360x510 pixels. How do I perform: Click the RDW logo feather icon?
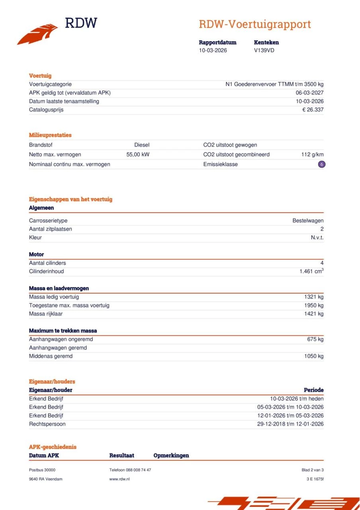pyautogui.click(x=37, y=34)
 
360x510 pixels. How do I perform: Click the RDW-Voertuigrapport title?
pyautogui.click(x=254, y=24)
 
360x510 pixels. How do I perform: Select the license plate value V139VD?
pyautogui.click(x=264, y=50)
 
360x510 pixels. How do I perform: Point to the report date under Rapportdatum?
pyautogui.click(x=213, y=50)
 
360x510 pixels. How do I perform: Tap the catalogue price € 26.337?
pyautogui.click(x=313, y=110)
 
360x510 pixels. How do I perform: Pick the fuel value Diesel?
pyautogui.click(x=142, y=145)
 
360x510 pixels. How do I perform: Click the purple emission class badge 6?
pyautogui.click(x=322, y=164)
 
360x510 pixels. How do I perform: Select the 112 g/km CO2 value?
pyautogui.click(x=312, y=155)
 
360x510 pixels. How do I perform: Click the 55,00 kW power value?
pyautogui.click(x=138, y=155)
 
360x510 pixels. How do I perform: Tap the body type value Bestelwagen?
pyautogui.click(x=308, y=220)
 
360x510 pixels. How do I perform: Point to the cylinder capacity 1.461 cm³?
pyautogui.click(x=311, y=271)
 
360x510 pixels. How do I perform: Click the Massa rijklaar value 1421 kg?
pyautogui.click(x=314, y=314)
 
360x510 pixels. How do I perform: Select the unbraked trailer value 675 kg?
pyautogui.click(x=315, y=339)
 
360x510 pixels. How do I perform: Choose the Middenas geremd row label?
pyautogui.click(x=51, y=356)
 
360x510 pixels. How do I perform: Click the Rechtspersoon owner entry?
pyautogui.click(x=47, y=424)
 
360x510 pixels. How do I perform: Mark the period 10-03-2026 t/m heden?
pyautogui.click(x=297, y=398)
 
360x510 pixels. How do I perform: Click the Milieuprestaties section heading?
pyautogui.click(x=50, y=135)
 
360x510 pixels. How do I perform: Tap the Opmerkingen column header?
pyautogui.click(x=171, y=455)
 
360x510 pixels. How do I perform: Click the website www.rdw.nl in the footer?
pyautogui.click(x=119, y=479)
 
